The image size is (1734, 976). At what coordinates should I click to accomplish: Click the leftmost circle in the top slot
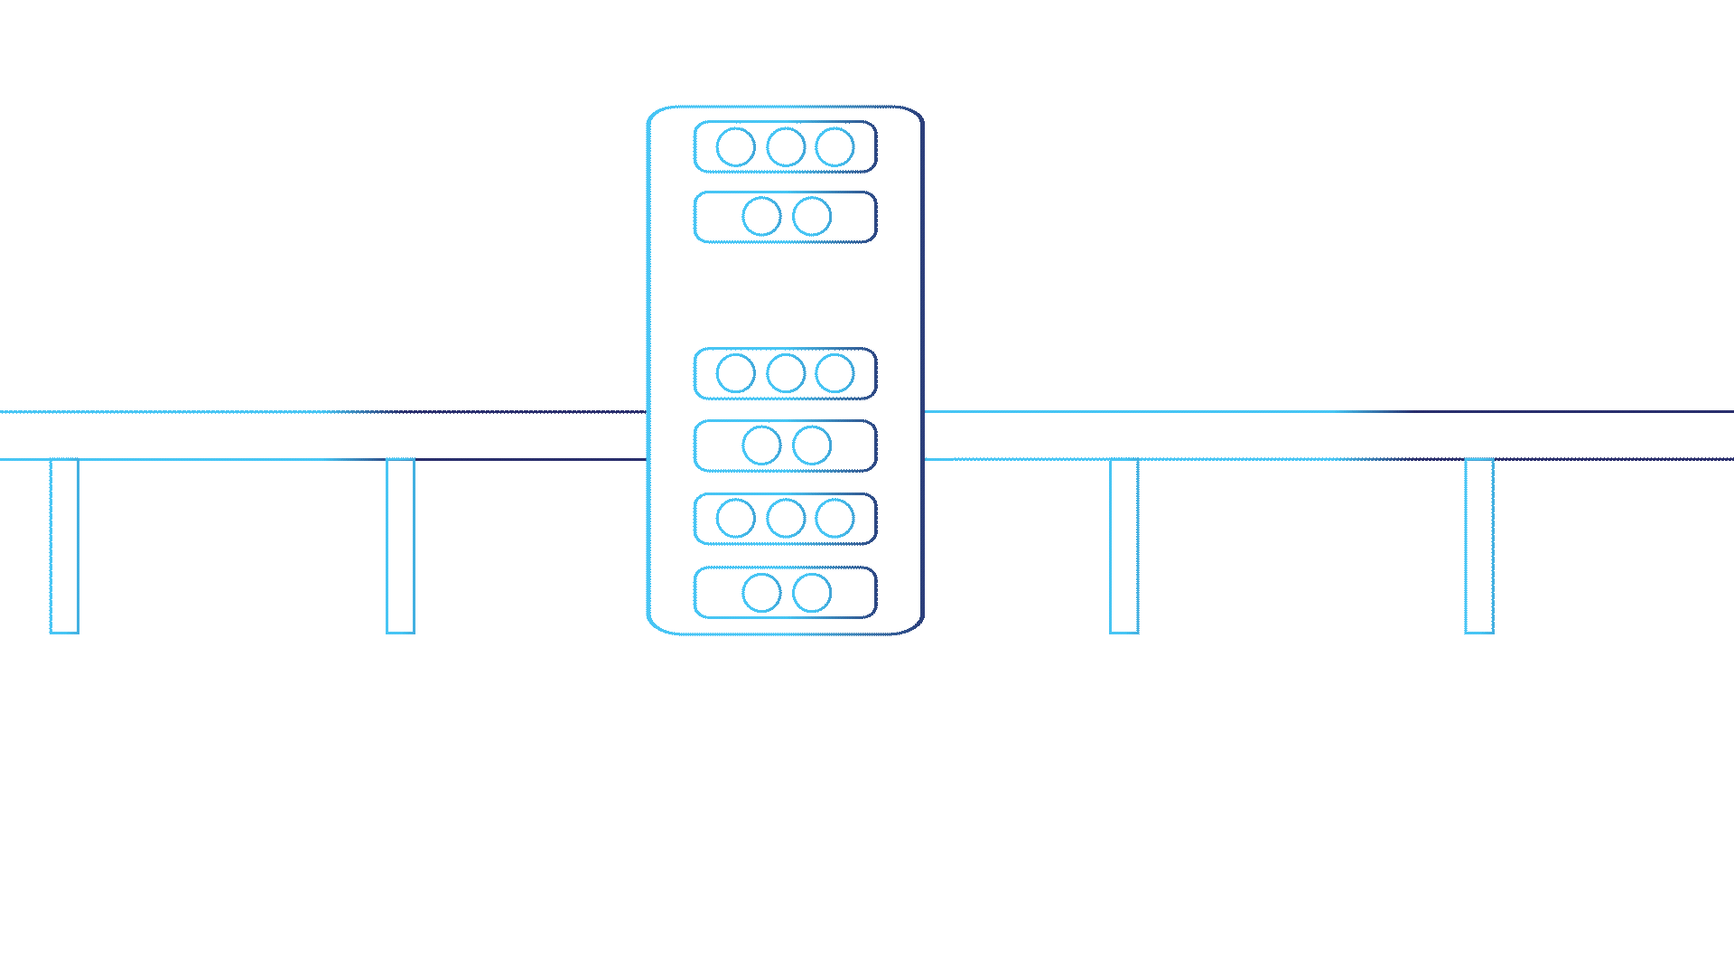pos(735,147)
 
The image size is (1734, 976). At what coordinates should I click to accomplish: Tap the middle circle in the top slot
pos(786,147)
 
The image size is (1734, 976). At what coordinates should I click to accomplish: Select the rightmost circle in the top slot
pos(834,147)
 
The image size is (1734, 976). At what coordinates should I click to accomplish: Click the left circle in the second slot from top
pos(761,217)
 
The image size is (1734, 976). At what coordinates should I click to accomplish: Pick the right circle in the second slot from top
pos(811,217)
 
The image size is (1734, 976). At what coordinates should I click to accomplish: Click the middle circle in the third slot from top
pos(786,373)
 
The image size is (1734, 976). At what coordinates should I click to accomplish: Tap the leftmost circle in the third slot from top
pos(735,373)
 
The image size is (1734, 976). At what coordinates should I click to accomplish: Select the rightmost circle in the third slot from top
pos(834,373)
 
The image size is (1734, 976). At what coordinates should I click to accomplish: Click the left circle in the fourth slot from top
pos(761,446)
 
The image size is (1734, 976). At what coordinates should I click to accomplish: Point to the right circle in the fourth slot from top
pos(811,446)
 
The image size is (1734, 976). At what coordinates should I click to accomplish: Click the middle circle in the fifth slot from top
pos(786,519)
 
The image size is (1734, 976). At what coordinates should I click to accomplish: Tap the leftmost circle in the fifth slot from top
pos(735,519)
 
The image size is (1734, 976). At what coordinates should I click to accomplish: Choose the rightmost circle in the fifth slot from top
pos(834,519)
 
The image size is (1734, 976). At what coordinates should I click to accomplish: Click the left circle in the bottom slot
pos(761,593)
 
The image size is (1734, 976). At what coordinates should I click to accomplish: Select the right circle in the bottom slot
pos(811,593)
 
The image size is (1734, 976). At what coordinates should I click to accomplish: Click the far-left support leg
pos(64,546)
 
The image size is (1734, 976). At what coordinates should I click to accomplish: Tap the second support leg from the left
pos(400,546)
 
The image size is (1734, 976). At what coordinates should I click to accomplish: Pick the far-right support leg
pos(1478,546)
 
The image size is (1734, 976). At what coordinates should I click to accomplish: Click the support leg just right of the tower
pos(1123,546)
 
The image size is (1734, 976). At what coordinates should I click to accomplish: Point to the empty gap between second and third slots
pos(786,296)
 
